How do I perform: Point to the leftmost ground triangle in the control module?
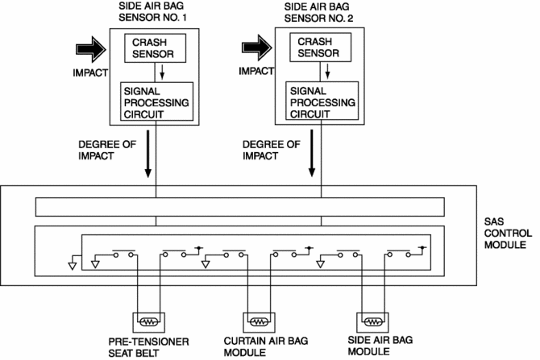[73, 263]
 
